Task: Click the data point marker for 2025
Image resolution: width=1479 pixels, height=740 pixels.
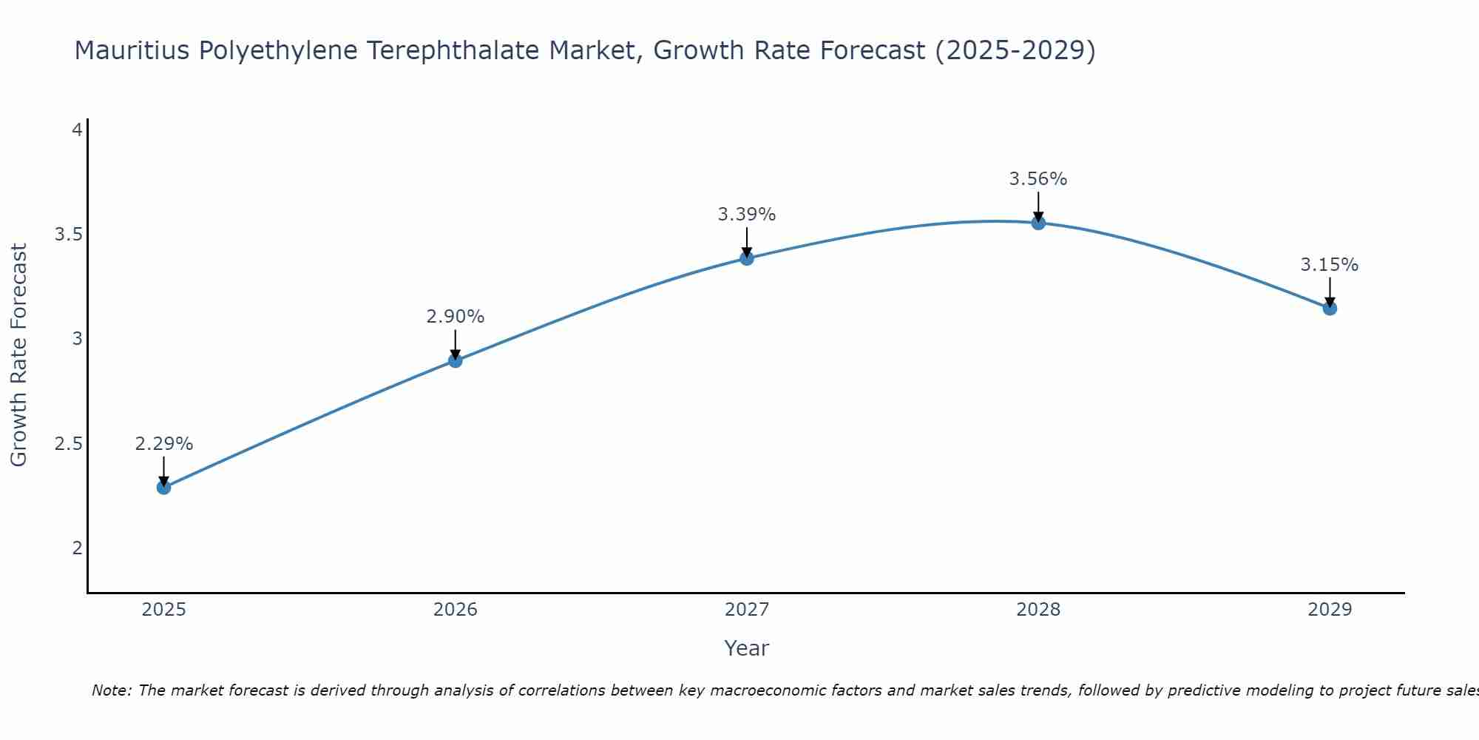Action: [x=164, y=487]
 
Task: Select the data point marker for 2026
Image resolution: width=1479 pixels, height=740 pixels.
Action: [x=456, y=360]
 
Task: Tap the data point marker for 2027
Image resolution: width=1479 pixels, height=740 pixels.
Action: [x=747, y=258]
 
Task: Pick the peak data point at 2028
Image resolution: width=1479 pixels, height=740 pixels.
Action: [x=1038, y=223]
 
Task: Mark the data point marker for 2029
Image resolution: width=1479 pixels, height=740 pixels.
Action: [x=1330, y=308]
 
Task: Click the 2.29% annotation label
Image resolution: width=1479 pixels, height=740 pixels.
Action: [x=164, y=444]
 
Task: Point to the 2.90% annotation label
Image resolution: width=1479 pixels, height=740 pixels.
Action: [x=456, y=317]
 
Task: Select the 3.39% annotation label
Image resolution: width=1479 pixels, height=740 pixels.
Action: [x=747, y=215]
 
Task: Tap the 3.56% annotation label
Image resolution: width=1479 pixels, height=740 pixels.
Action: [x=1038, y=179]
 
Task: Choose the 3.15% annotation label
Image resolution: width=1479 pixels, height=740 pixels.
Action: [x=1330, y=265]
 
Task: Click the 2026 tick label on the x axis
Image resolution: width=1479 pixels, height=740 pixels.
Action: [x=456, y=610]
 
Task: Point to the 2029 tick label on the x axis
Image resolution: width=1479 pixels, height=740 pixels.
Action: [x=1330, y=610]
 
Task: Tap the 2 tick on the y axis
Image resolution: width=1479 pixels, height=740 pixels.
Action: [x=77, y=548]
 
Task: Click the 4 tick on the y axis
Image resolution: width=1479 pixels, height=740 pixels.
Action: [x=77, y=130]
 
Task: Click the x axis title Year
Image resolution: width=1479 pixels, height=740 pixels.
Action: [x=747, y=648]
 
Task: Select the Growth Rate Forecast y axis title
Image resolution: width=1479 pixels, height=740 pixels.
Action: [x=19, y=355]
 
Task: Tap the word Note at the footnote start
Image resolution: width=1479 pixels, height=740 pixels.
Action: [x=111, y=690]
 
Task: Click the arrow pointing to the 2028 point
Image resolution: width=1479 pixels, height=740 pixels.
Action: [x=1038, y=207]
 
